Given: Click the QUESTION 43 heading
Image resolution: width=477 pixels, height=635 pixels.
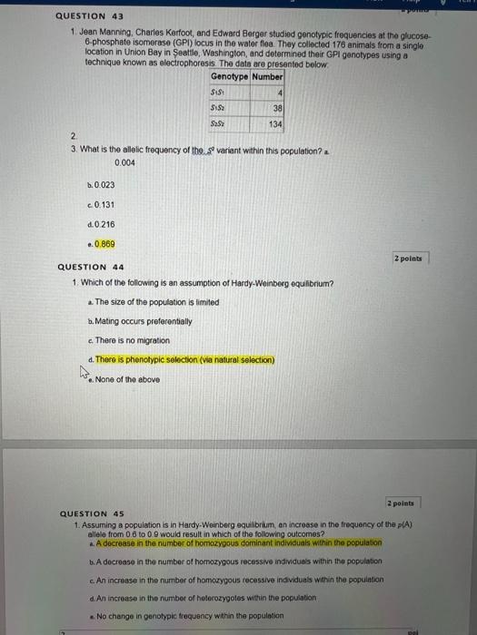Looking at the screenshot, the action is coord(90,16).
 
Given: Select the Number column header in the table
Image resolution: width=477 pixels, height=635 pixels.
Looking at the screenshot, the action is coord(267,77).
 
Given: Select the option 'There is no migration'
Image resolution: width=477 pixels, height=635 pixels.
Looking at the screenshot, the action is coord(132,340).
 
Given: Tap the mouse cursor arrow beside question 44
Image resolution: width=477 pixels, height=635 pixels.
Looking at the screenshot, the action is coord(84,371).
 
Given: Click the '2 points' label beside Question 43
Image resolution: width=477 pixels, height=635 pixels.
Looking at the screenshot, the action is coord(409,258).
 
